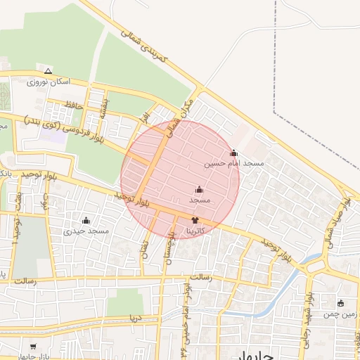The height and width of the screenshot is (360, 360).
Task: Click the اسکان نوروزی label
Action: point(48,82)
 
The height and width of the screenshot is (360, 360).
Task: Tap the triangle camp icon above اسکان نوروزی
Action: point(48,71)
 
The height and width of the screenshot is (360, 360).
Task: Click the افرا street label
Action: point(145,113)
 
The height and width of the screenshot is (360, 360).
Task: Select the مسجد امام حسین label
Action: point(234,163)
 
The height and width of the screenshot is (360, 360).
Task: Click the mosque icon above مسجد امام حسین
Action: point(234,153)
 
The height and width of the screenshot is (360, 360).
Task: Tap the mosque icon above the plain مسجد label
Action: point(199,190)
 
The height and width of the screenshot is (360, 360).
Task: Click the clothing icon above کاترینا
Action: point(195,220)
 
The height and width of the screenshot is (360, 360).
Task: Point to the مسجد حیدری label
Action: point(86,231)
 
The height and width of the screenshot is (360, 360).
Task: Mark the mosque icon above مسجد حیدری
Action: point(86,220)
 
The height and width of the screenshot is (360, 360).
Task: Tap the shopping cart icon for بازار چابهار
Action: point(34,347)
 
